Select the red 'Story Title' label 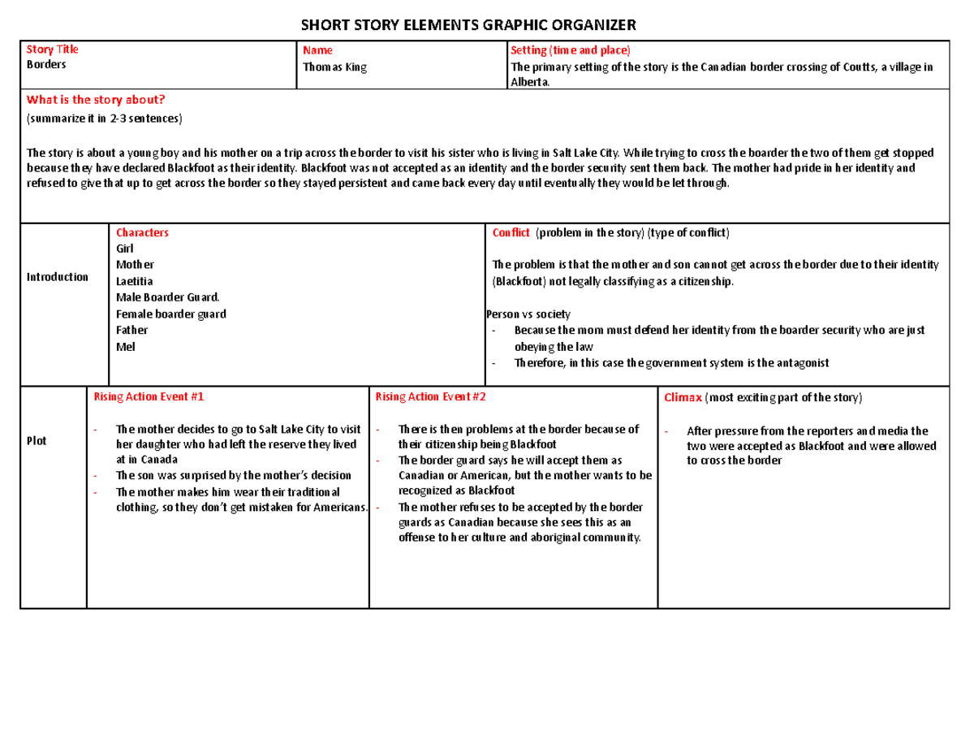pos(53,50)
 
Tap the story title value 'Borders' pos(46,64)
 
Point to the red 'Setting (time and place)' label pos(570,50)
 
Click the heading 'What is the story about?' pos(96,100)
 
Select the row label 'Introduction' pos(57,277)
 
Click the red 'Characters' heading pos(142,232)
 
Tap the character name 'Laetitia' pos(135,281)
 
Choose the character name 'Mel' pos(125,347)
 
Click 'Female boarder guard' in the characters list pos(171,314)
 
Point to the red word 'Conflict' pos(511,232)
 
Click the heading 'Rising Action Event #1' pos(149,397)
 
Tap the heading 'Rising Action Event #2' pos(430,397)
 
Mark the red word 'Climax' pos(683,398)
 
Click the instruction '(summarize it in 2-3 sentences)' pos(106,119)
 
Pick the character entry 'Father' pos(132,330)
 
